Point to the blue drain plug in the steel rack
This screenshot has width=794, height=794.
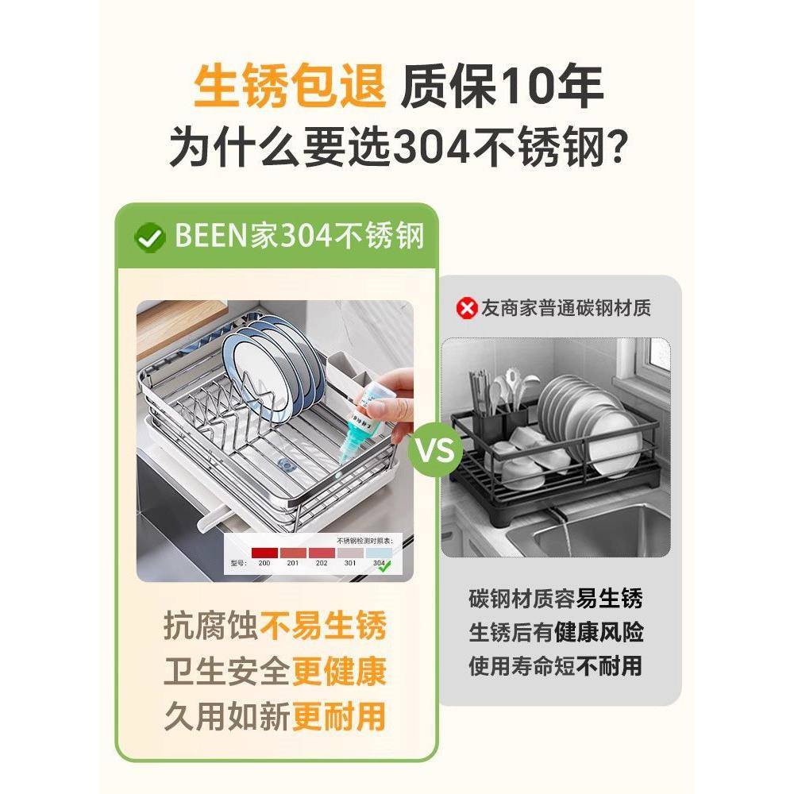pos(284,464)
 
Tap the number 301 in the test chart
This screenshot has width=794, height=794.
pos(349,564)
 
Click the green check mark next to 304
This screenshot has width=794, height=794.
pos(386,565)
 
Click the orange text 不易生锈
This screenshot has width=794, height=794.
pos(323,626)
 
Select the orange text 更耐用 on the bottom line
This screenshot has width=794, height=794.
pos(339,717)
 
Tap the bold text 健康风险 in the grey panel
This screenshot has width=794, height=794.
pos(609,632)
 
